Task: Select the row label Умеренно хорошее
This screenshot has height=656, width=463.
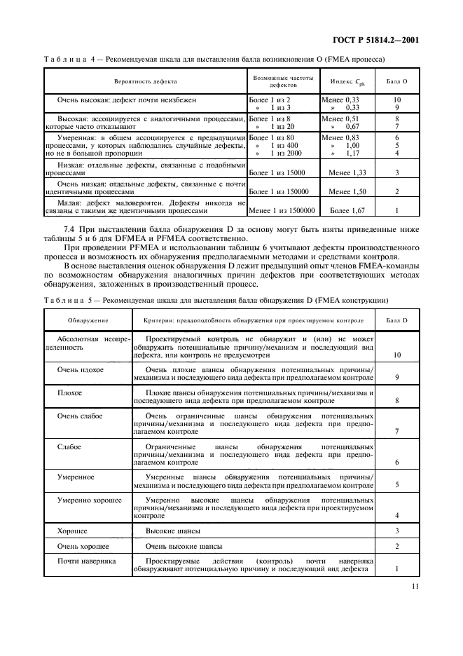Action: click(89, 500)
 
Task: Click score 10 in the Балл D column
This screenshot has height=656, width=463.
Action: click(397, 355)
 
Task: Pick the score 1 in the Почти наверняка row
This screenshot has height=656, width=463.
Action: click(397, 569)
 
